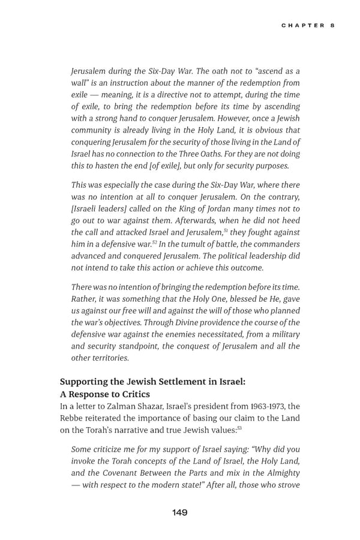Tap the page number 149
pos(179,512)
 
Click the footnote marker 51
pos(226,229)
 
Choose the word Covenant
pos(122,473)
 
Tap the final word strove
pos(287,485)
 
